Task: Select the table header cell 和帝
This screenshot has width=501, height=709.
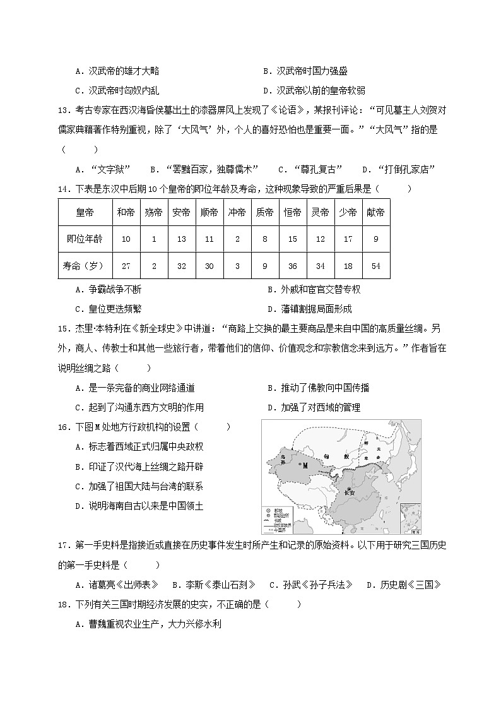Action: coord(126,213)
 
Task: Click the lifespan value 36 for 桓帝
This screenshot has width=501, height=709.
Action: coord(292,266)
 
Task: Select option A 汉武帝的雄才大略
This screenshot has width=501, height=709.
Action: coord(126,71)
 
